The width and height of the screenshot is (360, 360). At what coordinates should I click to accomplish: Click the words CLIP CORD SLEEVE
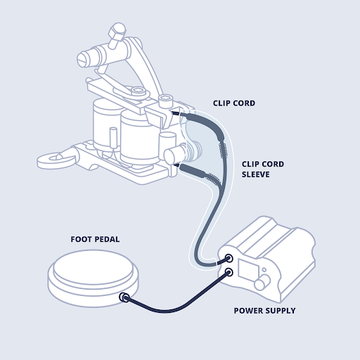pyautogui.click(x=257, y=169)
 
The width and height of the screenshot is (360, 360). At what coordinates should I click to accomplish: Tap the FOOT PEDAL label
pyautogui.click(x=95, y=239)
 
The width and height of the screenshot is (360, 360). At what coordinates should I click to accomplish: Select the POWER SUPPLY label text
pyautogui.click(x=264, y=310)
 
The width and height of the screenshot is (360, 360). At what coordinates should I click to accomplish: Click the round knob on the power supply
pyautogui.click(x=263, y=283)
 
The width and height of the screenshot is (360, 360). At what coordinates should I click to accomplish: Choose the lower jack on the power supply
pyautogui.click(x=229, y=271)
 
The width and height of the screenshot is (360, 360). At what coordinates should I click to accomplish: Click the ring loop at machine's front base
pyautogui.click(x=51, y=156)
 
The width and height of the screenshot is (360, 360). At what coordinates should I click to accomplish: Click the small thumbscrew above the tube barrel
pyautogui.click(x=117, y=31)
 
